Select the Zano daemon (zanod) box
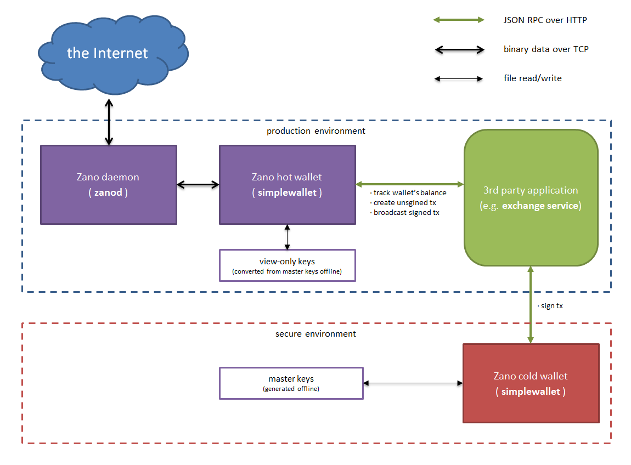point(109,185)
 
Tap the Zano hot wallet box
point(287,185)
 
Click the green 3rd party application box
point(531,198)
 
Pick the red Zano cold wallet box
point(531,383)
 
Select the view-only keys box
point(287,265)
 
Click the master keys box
point(291,383)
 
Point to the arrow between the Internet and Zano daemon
point(109,122)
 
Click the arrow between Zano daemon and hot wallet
point(198,185)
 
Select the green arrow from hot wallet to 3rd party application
point(409,184)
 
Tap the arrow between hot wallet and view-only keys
point(287,237)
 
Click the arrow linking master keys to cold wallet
point(413,383)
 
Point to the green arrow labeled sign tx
point(531,305)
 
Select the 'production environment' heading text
point(315,131)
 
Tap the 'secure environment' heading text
point(315,334)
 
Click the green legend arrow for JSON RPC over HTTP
point(459,20)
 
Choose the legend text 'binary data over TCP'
point(546,49)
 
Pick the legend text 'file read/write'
point(532,78)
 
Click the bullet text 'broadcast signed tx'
point(405,213)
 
